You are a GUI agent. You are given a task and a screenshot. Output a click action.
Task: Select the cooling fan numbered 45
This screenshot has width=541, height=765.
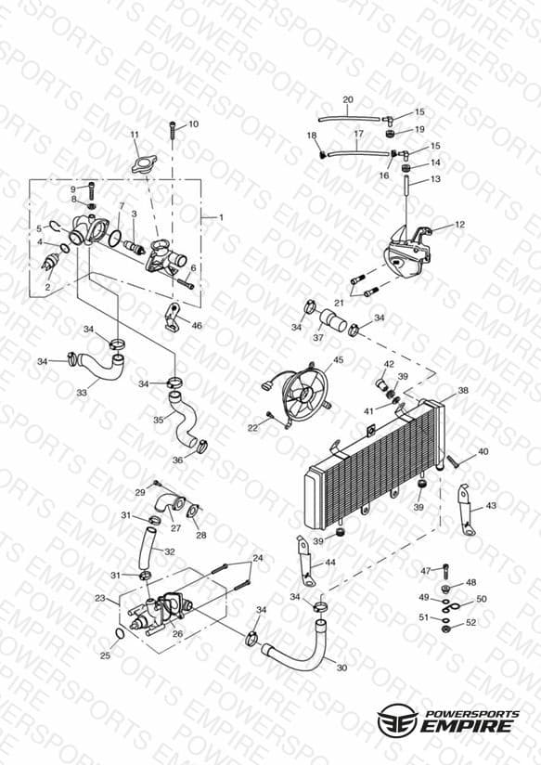[x=304, y=394]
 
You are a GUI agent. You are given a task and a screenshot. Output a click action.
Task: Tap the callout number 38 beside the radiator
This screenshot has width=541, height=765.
[x=462, y=390]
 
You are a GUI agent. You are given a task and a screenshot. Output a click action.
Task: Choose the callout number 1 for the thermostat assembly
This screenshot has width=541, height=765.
[x=221, y=217]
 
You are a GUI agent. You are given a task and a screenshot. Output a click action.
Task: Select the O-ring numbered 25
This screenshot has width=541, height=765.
[x=119, y=634]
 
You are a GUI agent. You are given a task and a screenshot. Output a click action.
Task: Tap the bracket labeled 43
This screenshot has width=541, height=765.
[x=466, y=510]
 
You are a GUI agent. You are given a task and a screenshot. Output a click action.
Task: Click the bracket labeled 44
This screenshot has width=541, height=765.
[x=305, y=561]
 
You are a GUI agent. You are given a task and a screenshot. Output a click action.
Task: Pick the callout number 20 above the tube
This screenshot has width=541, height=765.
[x=348, y=100]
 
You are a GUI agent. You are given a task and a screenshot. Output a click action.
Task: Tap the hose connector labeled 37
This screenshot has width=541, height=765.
[x=333, y=321]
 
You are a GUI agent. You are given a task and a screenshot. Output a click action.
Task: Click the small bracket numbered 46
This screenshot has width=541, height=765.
[x=173, y=318]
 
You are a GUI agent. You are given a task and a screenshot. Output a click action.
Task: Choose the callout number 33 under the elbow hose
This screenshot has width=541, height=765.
[x=82, y=393]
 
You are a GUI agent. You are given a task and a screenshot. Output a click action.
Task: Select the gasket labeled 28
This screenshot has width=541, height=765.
[x=193, y=512]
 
